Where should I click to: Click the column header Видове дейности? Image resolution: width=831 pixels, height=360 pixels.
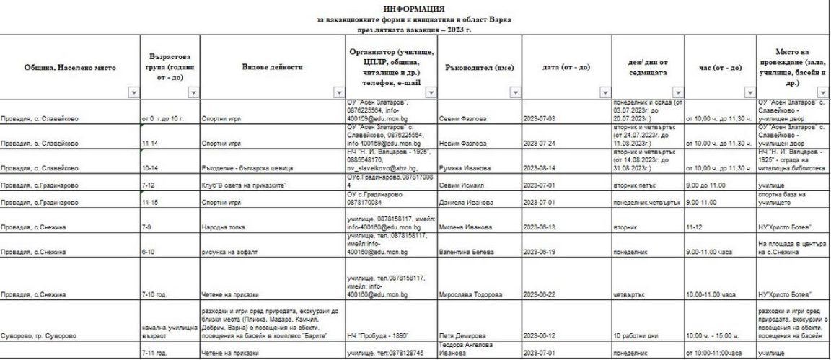273,66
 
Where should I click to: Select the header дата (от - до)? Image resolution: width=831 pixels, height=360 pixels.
566,66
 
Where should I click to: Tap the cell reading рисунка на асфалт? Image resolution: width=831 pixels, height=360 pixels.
227,252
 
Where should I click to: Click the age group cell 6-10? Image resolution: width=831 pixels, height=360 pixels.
149,252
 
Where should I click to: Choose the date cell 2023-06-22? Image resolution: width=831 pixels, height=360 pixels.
540,294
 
